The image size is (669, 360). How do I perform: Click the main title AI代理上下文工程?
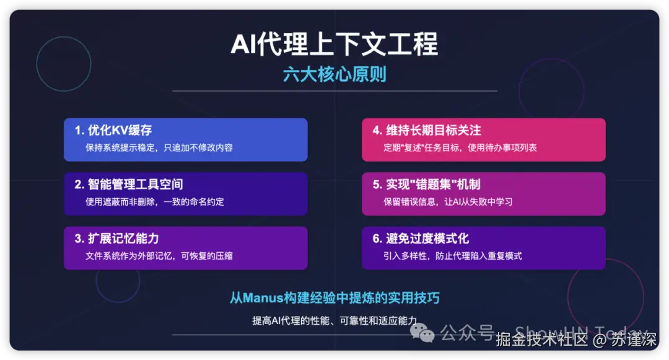(334, 45)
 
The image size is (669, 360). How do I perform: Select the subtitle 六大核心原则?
(334, 74)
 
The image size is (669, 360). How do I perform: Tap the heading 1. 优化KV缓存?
(113, 131)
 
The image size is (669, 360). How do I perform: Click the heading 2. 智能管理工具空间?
(129, 185)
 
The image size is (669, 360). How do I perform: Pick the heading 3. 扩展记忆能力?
(117, 239)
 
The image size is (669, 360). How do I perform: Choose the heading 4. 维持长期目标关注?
(427, 131)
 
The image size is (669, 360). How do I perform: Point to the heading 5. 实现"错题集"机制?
(426, 185)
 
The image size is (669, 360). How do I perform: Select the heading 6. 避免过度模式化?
(421, 239)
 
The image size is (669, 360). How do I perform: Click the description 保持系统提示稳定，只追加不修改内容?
(159, 147)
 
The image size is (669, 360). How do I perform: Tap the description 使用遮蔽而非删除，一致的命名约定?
(155, 201)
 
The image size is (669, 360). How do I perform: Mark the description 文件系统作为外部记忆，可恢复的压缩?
(159, 255)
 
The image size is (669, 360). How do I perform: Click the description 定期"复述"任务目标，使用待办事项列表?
(460, 147)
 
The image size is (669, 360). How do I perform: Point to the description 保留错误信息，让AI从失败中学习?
(448, 201)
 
